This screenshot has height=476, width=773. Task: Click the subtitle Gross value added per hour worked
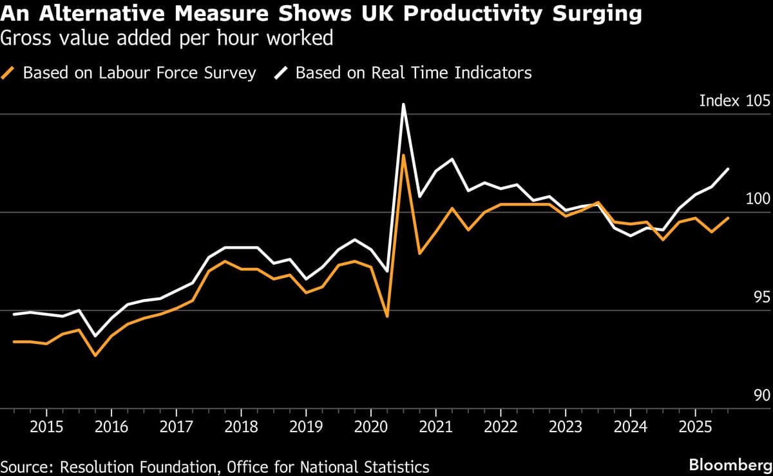click(167, 39)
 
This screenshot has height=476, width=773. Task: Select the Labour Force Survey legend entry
click(139, 73)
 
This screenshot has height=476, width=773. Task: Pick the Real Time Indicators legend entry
click(413, 73)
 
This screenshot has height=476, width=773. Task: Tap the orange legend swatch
click(9, 73)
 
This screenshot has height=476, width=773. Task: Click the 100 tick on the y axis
click(758, 200)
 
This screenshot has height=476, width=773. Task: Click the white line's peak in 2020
click(403, 104)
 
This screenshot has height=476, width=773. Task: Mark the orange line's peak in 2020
click(403, 155)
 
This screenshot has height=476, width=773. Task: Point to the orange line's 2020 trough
click(387, 316)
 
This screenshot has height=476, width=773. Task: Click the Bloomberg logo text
click(729, 465)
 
